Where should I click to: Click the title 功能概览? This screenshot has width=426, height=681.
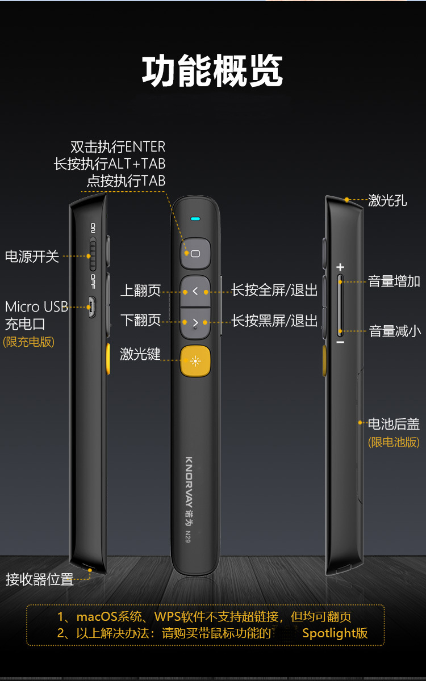coord(212,72)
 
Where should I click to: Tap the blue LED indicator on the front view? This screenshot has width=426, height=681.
coord(195,218)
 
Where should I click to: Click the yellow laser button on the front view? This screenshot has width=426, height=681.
coord(195,361)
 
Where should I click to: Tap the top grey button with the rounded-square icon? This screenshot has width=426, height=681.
coord(195,253)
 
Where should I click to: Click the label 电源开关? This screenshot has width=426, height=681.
coord(32,257)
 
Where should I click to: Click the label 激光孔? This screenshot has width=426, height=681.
coord(387,200)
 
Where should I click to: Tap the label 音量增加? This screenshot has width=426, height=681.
coord(394,281)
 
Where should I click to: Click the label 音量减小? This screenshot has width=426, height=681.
coord(395,331)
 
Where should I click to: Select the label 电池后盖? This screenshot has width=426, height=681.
coord(394,424)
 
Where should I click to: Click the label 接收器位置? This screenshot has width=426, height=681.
coord(40,579)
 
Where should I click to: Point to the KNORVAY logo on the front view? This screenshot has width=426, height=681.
coord(189,482)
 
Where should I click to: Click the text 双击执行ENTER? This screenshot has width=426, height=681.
coord(118,147)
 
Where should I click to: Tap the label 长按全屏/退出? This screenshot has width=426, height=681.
coord(274,291)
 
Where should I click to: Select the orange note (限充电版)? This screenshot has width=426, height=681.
coord(29,342)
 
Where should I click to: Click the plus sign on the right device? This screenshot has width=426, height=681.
coord(340,267)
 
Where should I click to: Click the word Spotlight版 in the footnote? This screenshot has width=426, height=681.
coord(335,633)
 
